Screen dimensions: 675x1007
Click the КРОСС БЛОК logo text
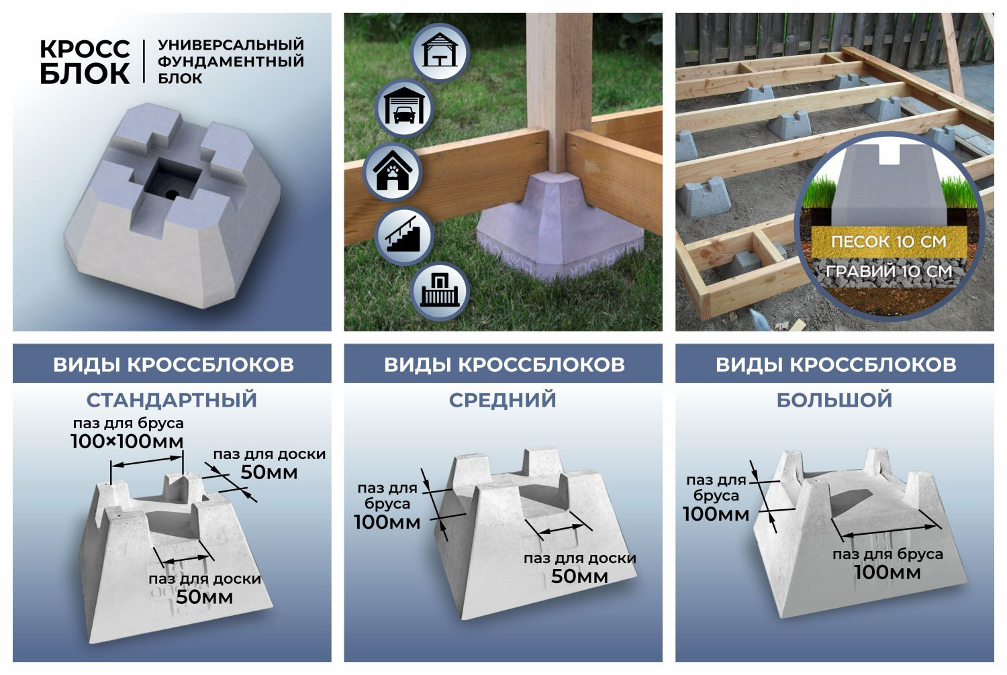click(x=85, y=62)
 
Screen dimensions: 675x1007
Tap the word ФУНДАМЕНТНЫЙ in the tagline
click(x=230, y=62)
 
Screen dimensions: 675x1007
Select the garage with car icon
click(x=403, y=108)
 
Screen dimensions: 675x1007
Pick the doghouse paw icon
click(x=392, y=172)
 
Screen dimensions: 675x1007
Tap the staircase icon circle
click(x=403, y=236)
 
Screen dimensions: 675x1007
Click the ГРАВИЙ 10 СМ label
click(x=888, y=271)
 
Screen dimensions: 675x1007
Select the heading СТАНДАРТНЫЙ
click(x=172, y=400)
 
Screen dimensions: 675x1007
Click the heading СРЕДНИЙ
click(x=503, y=400)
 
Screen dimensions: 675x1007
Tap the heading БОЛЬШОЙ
click(x=834, y=400)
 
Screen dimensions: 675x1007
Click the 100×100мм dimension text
click(x=127, y=442)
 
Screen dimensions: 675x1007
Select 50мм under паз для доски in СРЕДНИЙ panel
click(x=579, y=576)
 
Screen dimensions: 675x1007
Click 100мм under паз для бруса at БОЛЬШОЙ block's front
click(x=888, y=572)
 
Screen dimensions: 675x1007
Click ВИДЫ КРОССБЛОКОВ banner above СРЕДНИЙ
click(x=503, y=364)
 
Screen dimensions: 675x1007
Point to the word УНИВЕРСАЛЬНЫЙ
click(x=230, y=45)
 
